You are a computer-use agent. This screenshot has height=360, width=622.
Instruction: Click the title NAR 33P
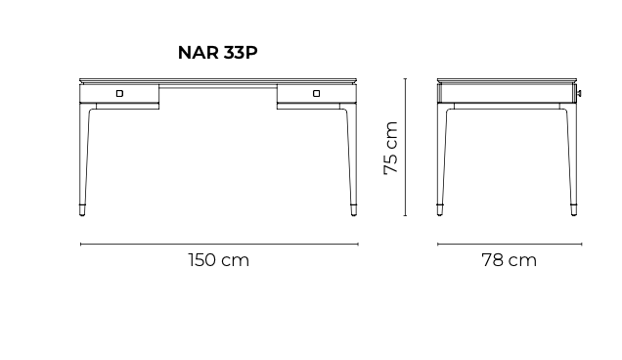coord(218,53)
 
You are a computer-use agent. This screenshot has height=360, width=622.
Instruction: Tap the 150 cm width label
coord(219,260)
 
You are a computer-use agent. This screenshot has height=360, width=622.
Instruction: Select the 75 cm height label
coord(391,148)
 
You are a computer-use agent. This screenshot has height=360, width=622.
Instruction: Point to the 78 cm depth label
coord(510,260)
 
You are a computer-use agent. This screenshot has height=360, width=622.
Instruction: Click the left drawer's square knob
coord(119,93)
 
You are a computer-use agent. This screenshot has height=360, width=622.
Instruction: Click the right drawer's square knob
coord(317,93)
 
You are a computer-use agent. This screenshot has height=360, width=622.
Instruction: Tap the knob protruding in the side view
coord(579,94)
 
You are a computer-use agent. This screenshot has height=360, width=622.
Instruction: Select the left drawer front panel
coord(119,94)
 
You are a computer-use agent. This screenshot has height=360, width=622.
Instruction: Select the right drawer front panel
coord(317,94)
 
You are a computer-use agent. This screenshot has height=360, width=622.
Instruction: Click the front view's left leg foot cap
coord(82,210)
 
